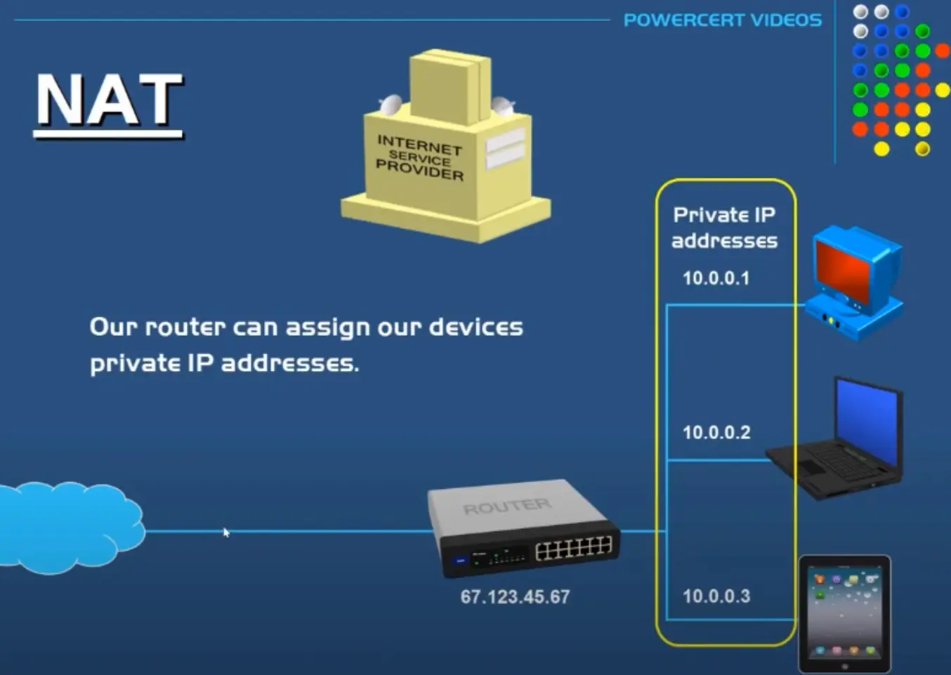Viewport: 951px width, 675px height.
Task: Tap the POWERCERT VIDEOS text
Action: click(722, 20)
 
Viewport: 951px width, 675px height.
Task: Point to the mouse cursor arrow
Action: click(226, 532)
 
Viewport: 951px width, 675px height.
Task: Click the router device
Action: click(523, 527)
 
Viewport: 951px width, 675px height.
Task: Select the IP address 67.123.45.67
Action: click(515, 597)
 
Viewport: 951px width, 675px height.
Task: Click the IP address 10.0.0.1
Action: click(716, 278)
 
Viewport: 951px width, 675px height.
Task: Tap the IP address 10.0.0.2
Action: click(716, 433)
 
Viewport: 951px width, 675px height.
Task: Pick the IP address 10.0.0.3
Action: click(716, 596)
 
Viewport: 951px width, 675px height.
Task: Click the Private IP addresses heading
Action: click(724, 228)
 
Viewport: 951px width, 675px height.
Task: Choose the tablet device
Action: click(844, 613)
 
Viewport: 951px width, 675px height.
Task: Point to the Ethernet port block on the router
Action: click(573, 549)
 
